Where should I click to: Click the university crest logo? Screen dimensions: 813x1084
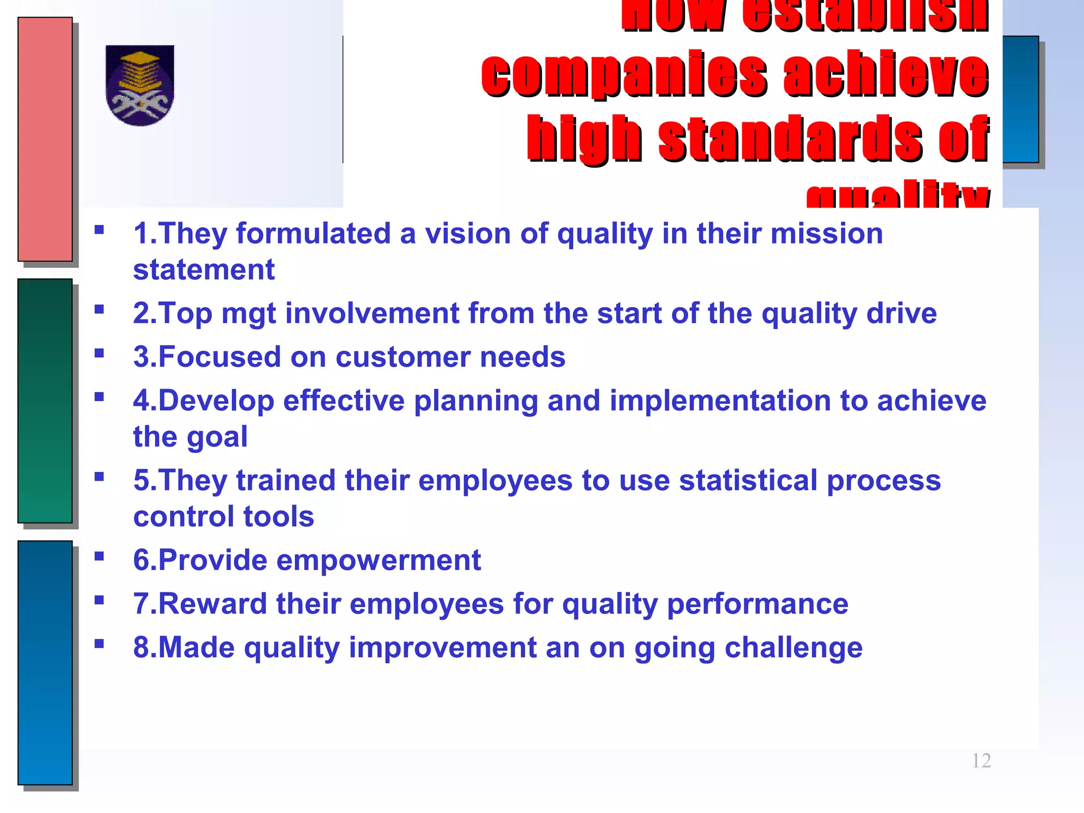(140, 85)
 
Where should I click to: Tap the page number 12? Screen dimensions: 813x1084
(981, 761)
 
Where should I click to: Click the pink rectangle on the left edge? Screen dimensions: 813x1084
(45, 139)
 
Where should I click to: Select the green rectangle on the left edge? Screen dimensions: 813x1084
(45, 401)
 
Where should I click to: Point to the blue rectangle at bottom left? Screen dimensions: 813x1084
(45, 662)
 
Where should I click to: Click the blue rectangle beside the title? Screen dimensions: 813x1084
(1020, 100)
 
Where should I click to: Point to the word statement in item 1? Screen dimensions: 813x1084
(204, 270)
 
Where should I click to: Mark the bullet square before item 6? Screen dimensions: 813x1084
(99, 556)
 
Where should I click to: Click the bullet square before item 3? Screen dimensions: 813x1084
(99, 353)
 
